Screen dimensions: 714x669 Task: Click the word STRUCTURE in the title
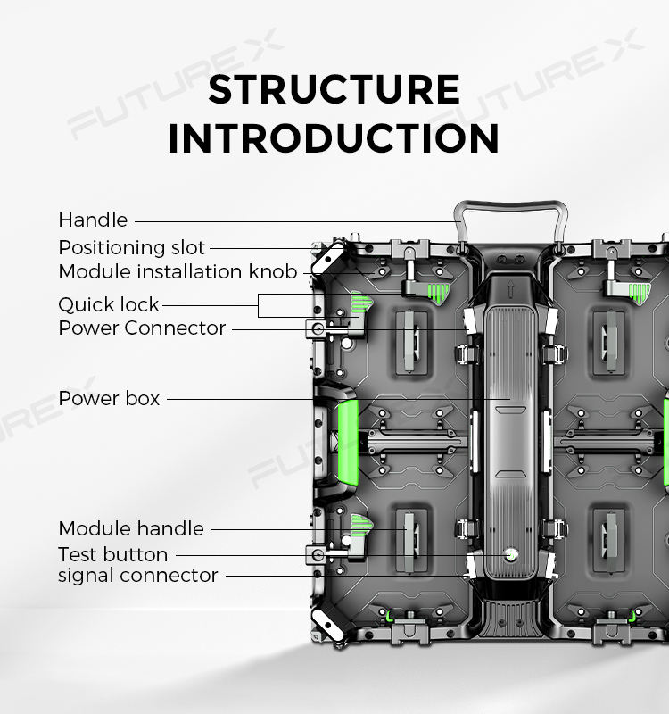click(x=334, y=90)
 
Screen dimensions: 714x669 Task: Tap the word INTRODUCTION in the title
click(x=334, y=138)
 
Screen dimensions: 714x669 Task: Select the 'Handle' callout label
click(x=93, y=220)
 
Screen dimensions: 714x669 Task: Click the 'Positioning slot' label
click(x=132, y=247)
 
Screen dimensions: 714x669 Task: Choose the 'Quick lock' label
click(x=109, y=304)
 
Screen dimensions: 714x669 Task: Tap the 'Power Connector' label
click(x=142, y=328)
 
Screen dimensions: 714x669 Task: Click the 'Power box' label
click(x=109, y=398)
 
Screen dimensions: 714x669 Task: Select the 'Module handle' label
click(x=131, y=528)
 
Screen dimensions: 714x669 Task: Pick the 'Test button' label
click(x=112, y=554)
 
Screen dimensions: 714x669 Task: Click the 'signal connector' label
click(x=138, y=576)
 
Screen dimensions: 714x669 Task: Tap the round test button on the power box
click(x=511, y=554)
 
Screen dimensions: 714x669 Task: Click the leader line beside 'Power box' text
click(x=321, y=398)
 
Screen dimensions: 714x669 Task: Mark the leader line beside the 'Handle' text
click(x=294, y=220)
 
